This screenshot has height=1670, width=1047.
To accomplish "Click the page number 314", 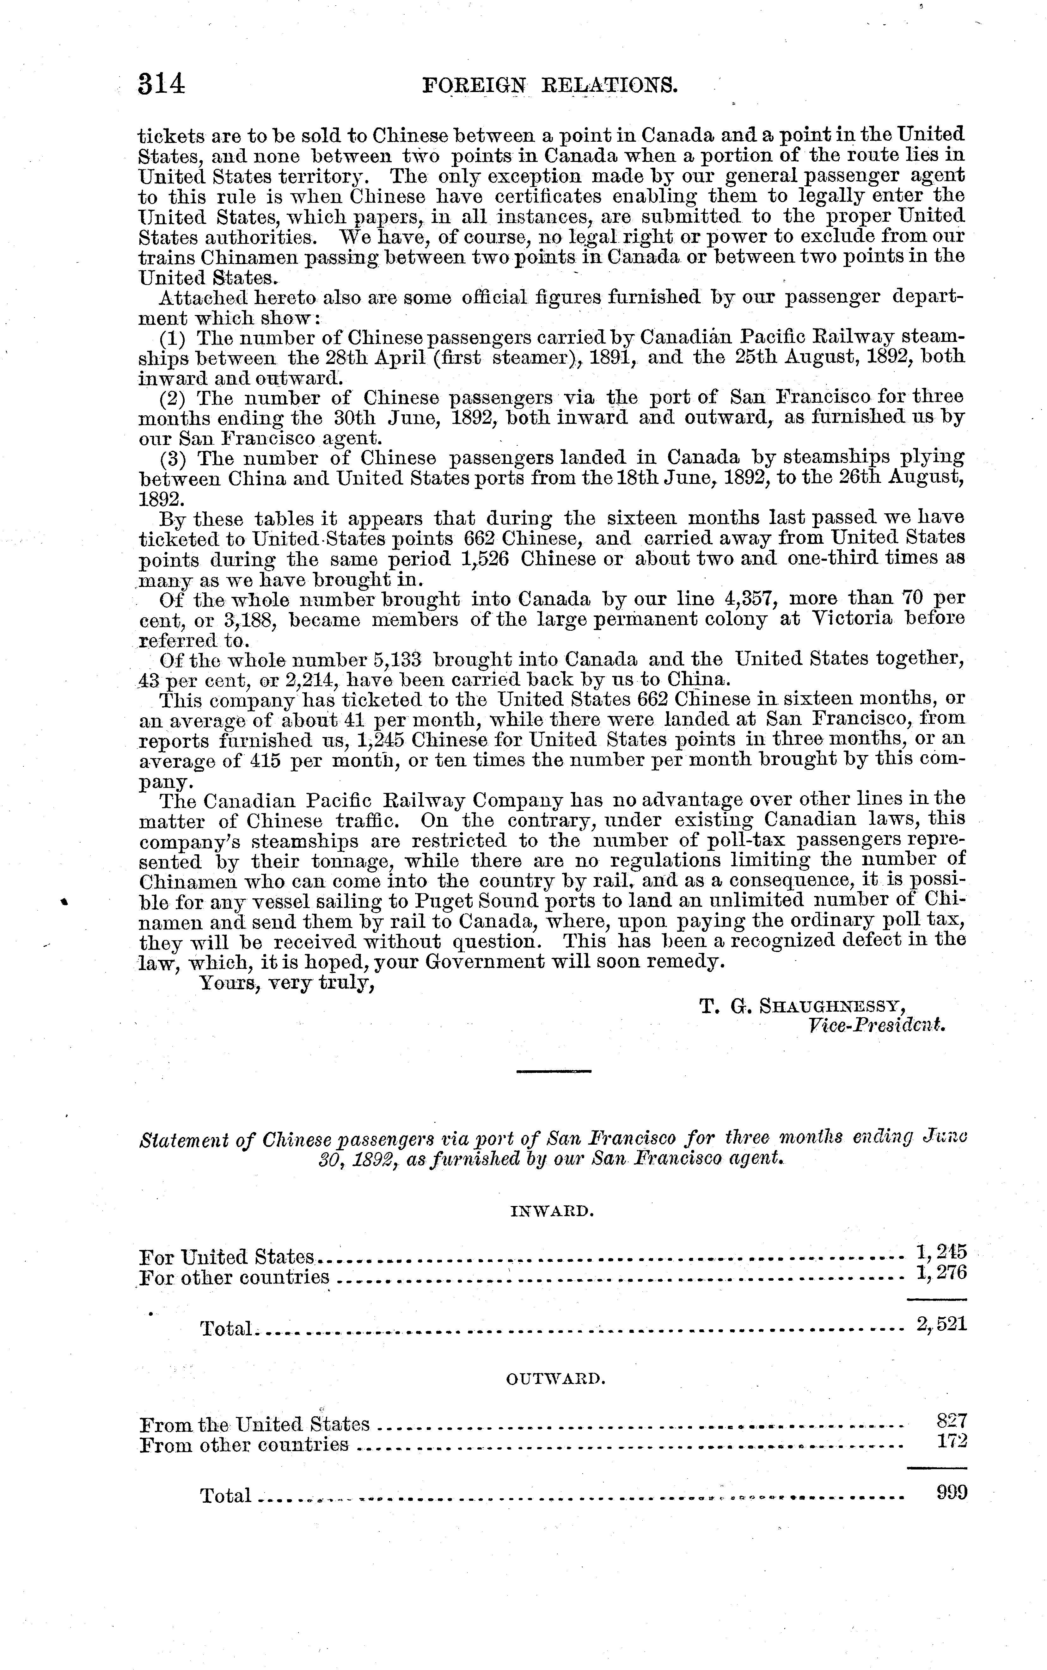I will [161, 84].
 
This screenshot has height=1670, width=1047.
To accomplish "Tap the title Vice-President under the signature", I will [876, 1025].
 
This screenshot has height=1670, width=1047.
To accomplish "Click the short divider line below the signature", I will [554, 1072].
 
